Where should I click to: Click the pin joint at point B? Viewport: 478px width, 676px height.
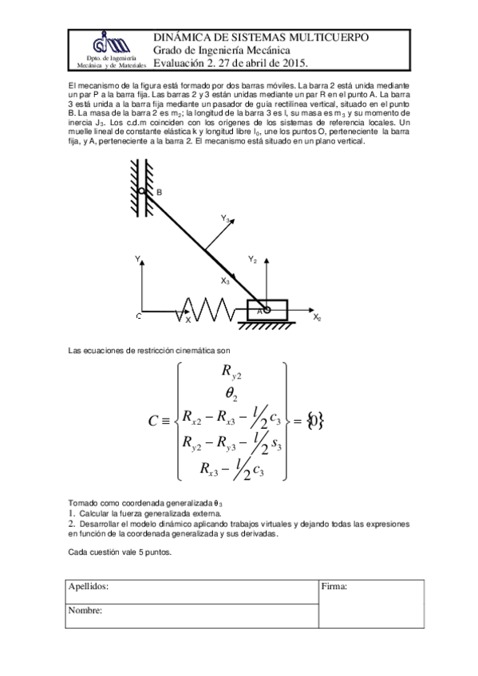[x=142, y=192]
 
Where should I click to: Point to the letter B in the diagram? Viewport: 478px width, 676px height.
[x=158, y=193]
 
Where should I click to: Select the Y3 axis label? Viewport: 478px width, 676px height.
[x=226, y=218]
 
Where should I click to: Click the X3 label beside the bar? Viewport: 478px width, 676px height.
[x=225, y=281]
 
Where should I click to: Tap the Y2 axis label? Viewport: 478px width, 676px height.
[x=252, y=259]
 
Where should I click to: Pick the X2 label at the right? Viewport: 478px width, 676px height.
[x=317, y=318]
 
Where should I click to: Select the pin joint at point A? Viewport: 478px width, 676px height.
[x=267, y=310]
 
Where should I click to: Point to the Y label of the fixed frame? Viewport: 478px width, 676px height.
[x=138, y=258]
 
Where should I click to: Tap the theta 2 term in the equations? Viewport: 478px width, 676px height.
[x=231, y=394]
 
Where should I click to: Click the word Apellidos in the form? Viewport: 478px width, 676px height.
[x=89, y=587]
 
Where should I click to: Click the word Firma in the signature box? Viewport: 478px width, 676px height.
[x=334, y=587]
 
